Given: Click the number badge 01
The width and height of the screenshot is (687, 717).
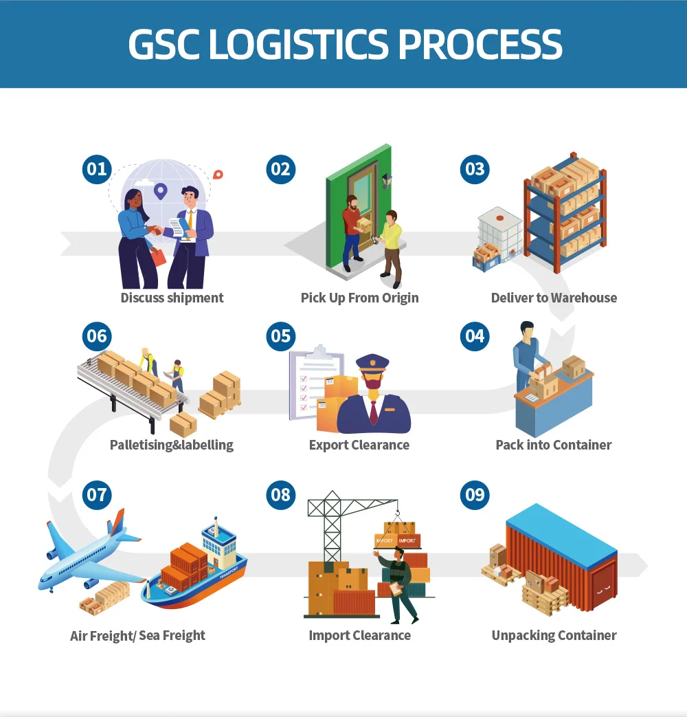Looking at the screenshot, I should click(x=97, y=169).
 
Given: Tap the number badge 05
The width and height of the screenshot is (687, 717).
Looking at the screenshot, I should click(x=280, y=336).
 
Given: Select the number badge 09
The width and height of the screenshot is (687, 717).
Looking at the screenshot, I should click(x=475, y=495).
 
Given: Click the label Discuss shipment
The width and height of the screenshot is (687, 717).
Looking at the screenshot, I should click(x=172, y=298).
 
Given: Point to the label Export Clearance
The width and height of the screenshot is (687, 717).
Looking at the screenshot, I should click(x=359, y=445).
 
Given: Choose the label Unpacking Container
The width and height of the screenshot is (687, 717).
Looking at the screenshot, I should click(x=554, y=635).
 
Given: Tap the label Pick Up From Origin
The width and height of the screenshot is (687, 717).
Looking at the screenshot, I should click(x=359, y=298).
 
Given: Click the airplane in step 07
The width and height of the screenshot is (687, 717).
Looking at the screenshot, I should click(x=86, y=553).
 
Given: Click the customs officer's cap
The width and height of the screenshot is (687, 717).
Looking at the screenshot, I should click(x=372, y=362).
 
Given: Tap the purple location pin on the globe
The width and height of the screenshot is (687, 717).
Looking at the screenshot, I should click(x=161, y=190).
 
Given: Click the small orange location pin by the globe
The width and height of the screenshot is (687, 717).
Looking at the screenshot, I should click(x=218, y=175).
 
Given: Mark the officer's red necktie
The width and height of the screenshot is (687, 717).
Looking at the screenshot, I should click(x=373, y=412).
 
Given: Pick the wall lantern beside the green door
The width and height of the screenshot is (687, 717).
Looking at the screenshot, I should click(x=387, y=180).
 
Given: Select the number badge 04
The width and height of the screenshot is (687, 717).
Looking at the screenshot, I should click(x=475, y=336).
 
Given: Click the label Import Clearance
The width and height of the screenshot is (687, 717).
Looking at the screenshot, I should click(x=359, y=635).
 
